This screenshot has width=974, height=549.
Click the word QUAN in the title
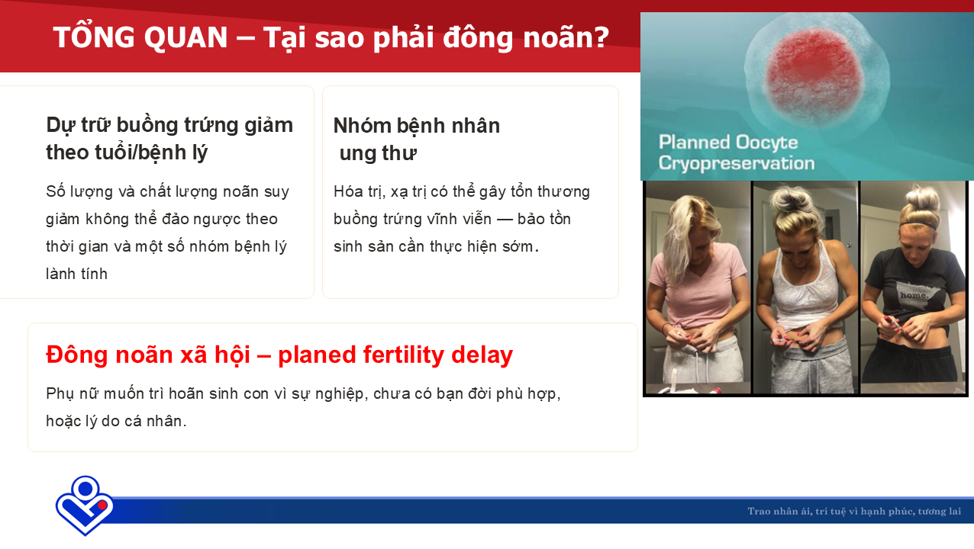[x=185, y=38]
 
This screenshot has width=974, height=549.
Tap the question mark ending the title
[x=601, y=37]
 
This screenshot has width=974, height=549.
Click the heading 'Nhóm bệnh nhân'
[x=417, y=126]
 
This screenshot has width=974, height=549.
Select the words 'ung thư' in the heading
[x=378, y=153]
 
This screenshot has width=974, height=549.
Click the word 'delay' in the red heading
[x=482, y=355]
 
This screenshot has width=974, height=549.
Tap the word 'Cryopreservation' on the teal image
[x=736, y=163]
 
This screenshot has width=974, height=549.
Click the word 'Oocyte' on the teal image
[x=767, y=143]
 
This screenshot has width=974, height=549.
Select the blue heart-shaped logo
[x=84, y=506]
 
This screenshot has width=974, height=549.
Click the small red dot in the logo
[x=102, y=505]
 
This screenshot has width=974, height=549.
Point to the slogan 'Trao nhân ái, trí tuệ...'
[x=854, y=511]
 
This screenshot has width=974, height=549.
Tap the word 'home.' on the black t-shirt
[x=914, y=295]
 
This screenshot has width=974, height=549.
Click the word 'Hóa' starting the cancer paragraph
[x=346, y=191]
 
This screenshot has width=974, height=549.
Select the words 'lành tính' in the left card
[x=76, y=274]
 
